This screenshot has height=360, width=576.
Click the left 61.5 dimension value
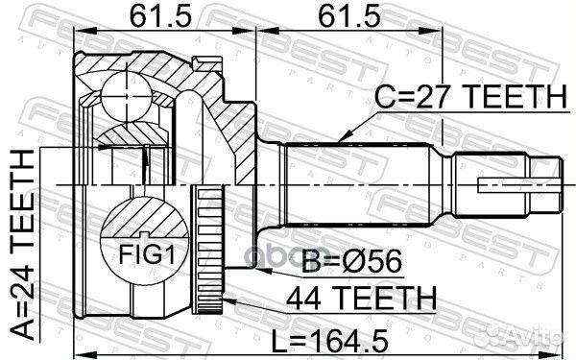(161, 16)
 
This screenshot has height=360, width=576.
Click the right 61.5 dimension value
(349, 16)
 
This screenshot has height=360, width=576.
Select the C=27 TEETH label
(470, 96)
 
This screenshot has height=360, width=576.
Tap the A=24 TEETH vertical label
(22, 245)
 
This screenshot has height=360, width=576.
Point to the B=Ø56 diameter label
(351, 261)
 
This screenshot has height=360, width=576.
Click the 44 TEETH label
(362, 298)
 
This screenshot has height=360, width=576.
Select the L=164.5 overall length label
(329, 341)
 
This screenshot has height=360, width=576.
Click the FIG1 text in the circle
(147, 253)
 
